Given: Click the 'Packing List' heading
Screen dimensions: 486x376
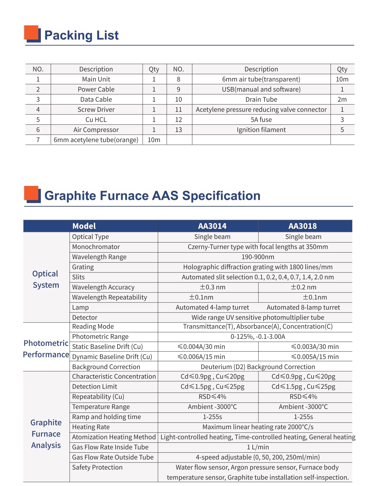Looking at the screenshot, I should click(81, 35).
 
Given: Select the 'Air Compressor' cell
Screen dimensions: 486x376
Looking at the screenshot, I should click(96, 130).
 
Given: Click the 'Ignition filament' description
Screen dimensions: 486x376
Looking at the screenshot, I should click(261, 130).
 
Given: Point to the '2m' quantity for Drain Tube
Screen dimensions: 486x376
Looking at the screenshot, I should click(342, 100).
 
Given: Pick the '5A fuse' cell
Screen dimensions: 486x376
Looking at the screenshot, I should click(261, 120).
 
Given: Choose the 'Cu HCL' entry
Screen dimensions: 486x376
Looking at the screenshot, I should click(96, 120).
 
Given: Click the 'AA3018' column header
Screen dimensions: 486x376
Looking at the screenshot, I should click(302, 226).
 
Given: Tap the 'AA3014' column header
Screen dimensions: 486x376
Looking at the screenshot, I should click(212, 226).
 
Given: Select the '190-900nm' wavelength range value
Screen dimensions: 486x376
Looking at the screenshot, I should click(258, 257).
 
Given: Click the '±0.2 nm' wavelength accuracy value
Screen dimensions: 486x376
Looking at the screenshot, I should click(303, 287).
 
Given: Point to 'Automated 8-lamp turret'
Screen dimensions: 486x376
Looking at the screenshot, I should click(303, 308).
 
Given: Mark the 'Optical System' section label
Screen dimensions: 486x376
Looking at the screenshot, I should click(46, 279).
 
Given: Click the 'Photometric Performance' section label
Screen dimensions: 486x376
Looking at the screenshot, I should click(46, 349).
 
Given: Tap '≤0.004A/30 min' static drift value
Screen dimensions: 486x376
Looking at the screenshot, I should click(201, 347).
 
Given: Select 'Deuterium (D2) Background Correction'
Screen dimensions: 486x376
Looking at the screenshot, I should click(258, 367).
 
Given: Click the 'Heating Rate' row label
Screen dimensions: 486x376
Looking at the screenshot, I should click(91, 427).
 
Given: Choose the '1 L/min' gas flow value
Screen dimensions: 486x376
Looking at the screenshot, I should click(258, 447).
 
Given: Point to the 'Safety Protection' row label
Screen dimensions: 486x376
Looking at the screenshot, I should click(97, 468).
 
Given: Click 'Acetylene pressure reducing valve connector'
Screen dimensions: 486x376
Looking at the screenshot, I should click(261, 110).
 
